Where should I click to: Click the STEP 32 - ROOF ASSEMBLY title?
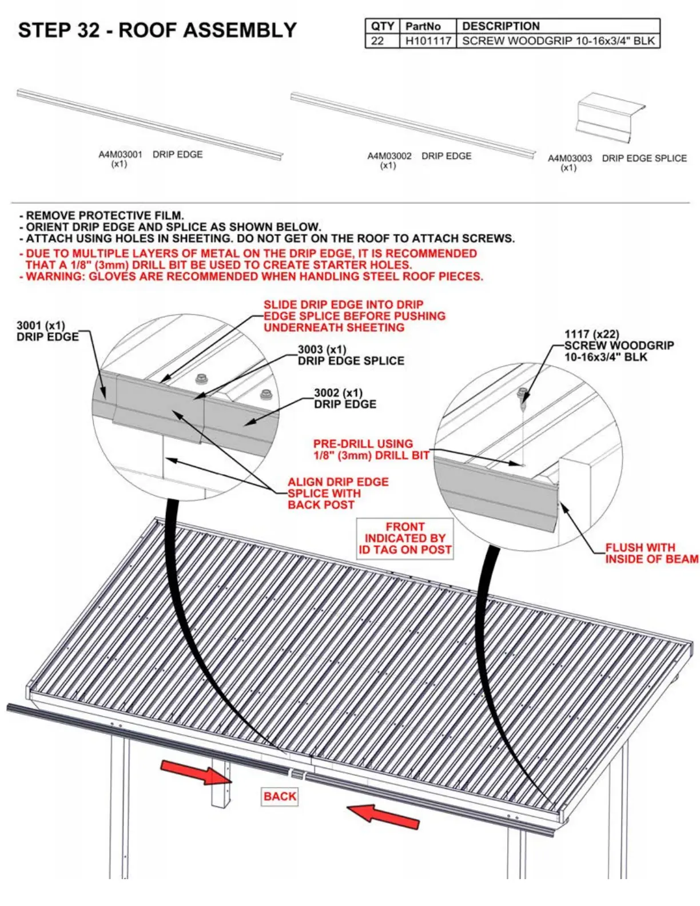pyautogui.click(x=157, y=30)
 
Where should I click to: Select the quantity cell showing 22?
pyautogui.click(x=377, y=41)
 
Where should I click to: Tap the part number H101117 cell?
pyautogui.click(x=428, y=41)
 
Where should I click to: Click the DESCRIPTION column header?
pyautogui.click(x=500, y=26)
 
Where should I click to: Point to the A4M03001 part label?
pyautogui.click(x=120, y=154)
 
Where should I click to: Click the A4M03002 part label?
pyautogui.click(x=389, y=156)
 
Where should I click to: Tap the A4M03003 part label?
pyautogui.click(x=570, y=158)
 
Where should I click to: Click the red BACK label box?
pyautogui.click(x=280, y=796)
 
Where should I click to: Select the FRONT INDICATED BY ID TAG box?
pyautogui.click(x=405, y=538)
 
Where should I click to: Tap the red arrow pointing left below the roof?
pyautogui.click(x=383, y=814)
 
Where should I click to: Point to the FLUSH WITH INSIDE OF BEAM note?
pyautogui.click(x=651, y=553)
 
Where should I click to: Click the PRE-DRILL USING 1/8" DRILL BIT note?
pyautogui.click(x=371, y=450)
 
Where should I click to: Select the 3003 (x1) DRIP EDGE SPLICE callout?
pyautogui.click(x=351, y=355)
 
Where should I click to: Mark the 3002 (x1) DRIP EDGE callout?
pyautogui.click(x=345, y=399)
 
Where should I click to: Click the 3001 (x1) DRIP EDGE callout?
pyautogui.click(x=47, y=332)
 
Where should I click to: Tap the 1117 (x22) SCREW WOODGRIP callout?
pyautogui.click(x=619, y=345)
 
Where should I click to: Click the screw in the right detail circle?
pyautogui.click(x=522, y=394)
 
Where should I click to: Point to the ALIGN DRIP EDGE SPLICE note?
pyautogui.click(x=337, y=493)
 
